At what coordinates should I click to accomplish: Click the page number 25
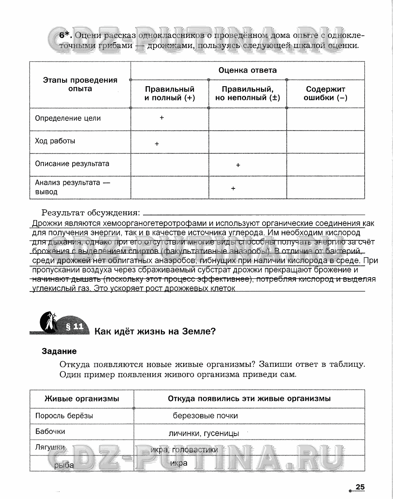[360, 487]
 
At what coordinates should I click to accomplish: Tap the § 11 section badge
[74, 327]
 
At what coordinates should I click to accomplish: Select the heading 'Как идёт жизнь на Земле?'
[155, 331]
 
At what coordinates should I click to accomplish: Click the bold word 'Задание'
[59, 351]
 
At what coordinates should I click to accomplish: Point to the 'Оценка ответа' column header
[247, 70]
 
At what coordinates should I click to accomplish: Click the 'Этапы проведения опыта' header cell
[80, 85]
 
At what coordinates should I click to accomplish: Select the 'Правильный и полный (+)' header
[170, 94]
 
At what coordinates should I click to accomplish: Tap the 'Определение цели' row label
[68, 118]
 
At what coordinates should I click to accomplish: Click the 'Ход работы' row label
[55, 141]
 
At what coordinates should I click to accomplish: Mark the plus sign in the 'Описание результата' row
[238, 165]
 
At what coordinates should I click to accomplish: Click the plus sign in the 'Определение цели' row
[162, 118]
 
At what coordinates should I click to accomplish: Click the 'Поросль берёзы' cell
[64, 416]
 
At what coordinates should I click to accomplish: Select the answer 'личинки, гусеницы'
[203, 434]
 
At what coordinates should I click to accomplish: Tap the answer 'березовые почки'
[205, 416]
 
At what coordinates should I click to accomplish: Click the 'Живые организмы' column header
[82, 398]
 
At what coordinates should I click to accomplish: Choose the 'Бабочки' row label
[50, 432]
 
